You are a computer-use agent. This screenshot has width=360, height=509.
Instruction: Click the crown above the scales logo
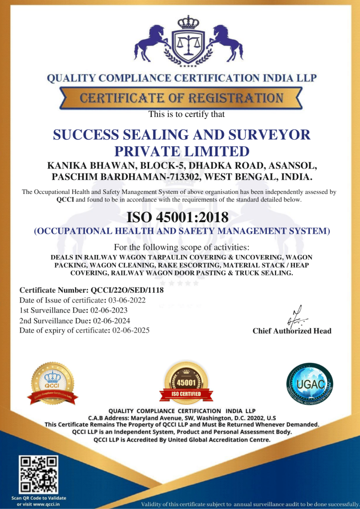point(188,22)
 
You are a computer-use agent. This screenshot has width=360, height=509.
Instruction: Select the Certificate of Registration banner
point(181,98)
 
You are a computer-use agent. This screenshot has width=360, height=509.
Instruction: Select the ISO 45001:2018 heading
point(178,217)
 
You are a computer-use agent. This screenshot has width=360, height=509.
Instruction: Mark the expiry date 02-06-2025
point(131,331)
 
